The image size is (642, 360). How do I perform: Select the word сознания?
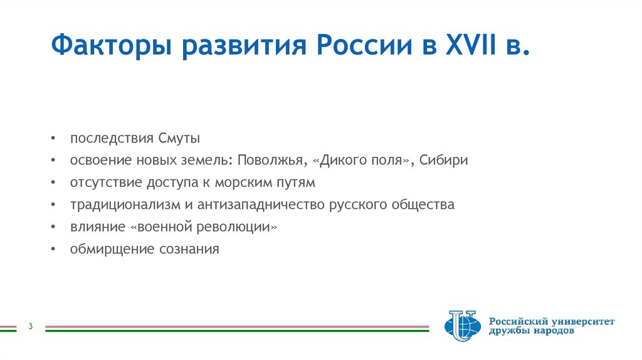click(189, 249)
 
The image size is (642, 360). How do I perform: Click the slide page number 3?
click(30, 326)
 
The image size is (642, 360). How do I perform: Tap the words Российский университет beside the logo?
click(552, 321)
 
